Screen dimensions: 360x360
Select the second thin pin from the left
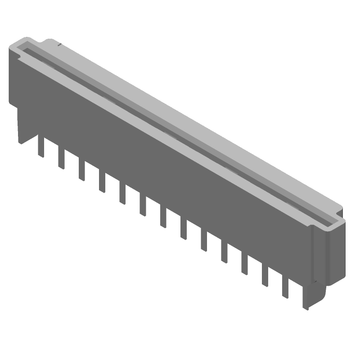point(61,159)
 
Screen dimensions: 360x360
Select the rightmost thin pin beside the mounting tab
point(285,288)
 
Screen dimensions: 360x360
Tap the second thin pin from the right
point(265,277)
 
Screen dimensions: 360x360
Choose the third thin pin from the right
point(245,265)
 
